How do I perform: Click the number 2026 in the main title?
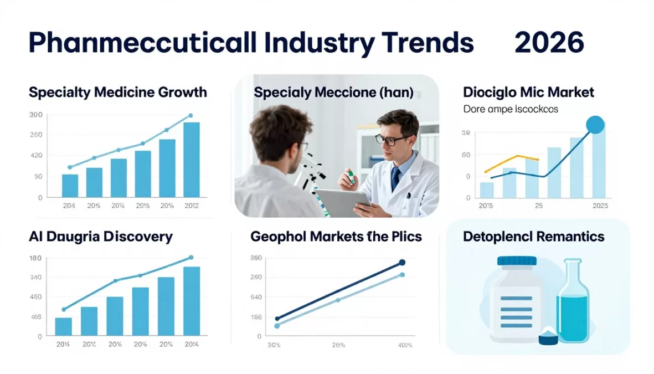coord(549,43)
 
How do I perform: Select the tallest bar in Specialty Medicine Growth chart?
coord(192,160)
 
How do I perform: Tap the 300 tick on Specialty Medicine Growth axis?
coord(35,115)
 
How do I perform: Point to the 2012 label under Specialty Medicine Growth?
coord(191,206)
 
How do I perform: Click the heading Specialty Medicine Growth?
coord(118,92)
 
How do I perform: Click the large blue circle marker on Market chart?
coord(595,125)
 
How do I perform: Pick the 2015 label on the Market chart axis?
coord(485,206)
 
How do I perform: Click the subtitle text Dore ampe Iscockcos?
coord(511,109)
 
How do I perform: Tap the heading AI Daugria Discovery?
coord(100,237)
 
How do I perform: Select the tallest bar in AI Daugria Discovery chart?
coord(192,301)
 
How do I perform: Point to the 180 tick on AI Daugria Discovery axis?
coord(35,258)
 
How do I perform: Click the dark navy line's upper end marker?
coord(402,263)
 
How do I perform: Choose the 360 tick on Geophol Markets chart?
coord(256,258)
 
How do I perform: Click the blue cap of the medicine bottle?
coord(517,260)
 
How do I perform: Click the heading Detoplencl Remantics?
coord(533,237)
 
